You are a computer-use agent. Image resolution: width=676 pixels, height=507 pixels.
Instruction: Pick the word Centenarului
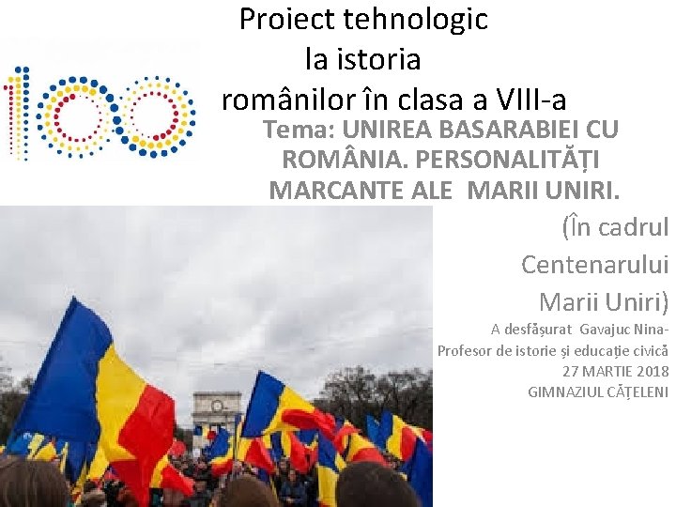point(594,265)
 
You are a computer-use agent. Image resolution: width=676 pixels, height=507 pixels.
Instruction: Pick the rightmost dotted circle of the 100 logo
point(157,114)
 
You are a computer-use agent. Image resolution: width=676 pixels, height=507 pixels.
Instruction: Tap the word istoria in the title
point(362,59)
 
